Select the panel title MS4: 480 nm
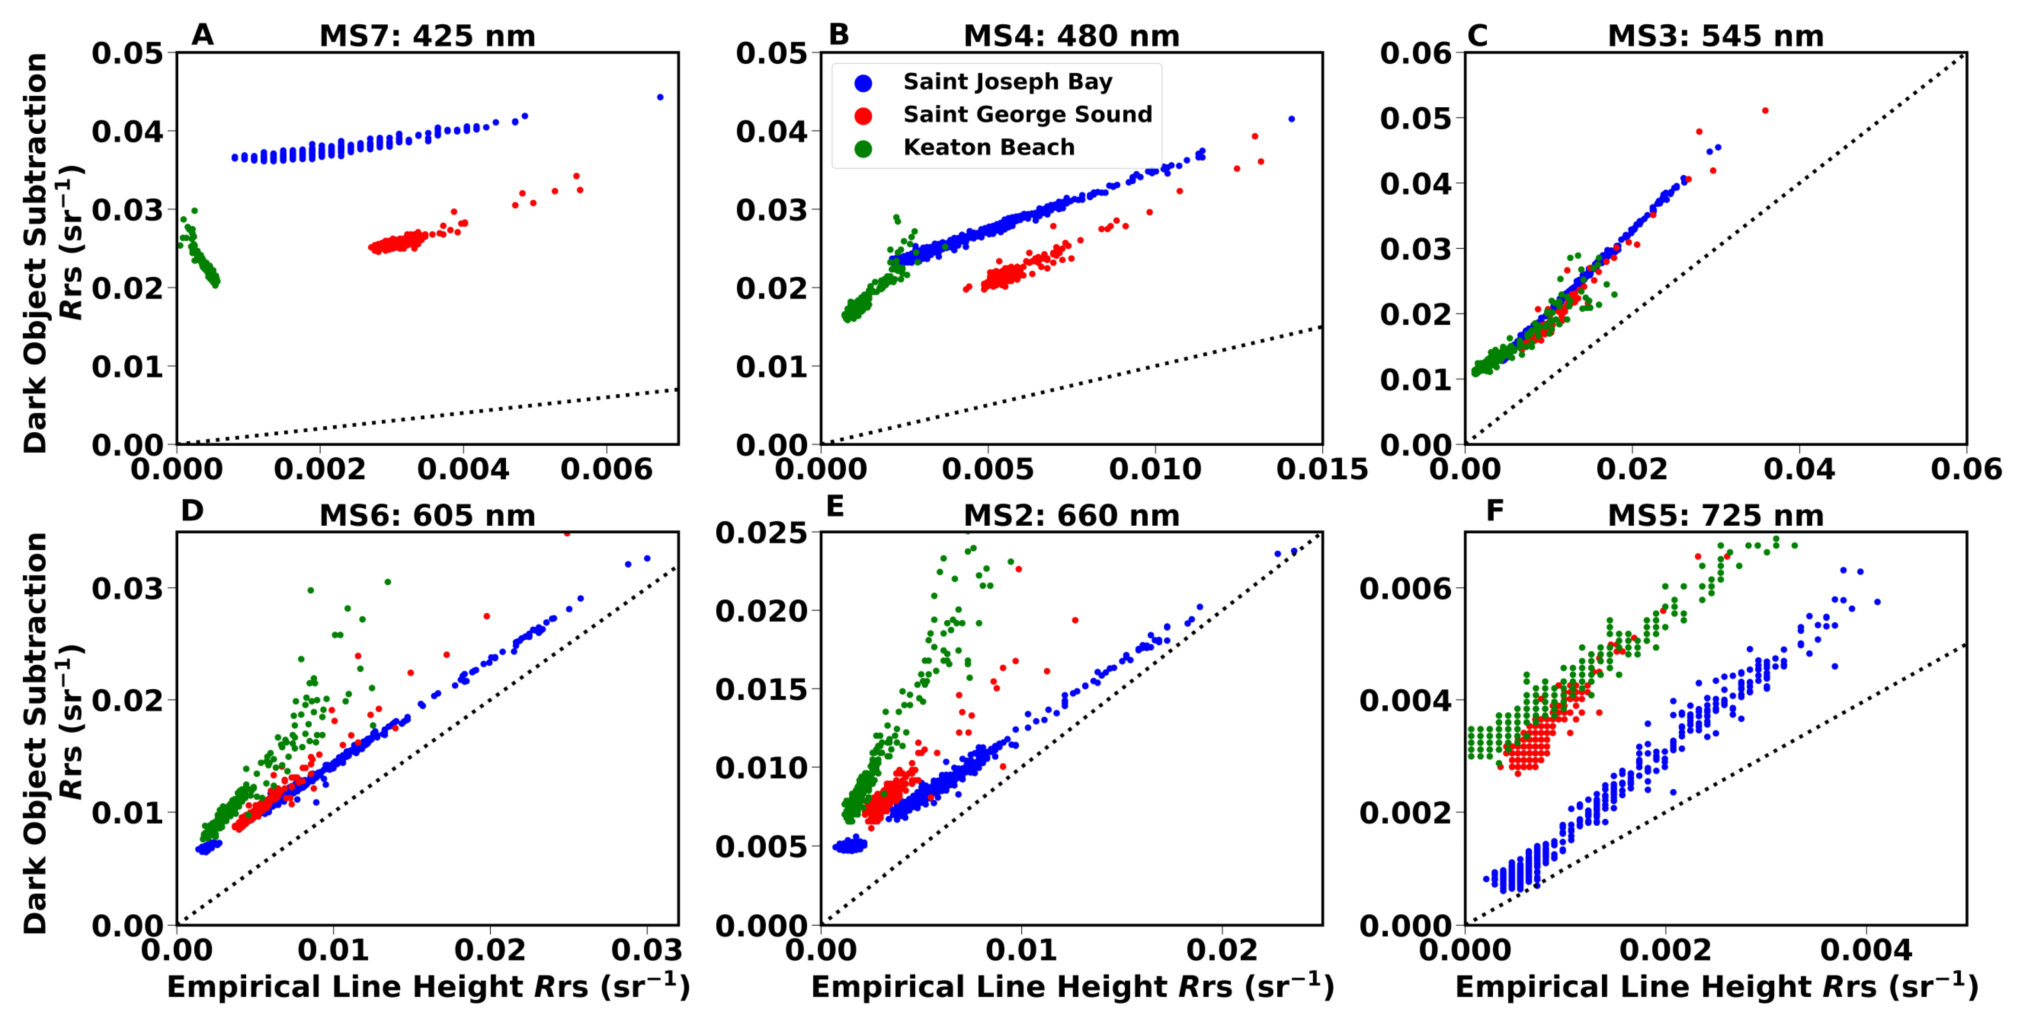[x=1072, y=36]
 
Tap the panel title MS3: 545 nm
[x=1716, y=36]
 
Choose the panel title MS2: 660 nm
[x=1072, y=516]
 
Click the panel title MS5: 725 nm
[x=1716, y=516]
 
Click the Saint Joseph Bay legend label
[x=1007, y=82]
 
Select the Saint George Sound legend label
[x=1028, y=115]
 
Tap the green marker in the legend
[x=863, y=148]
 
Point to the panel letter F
[x=1495, y=511]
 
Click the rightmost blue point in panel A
[x=660, y=97]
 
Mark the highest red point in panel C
[x=1765, y=110]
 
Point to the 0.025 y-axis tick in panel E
[x=761, y=533]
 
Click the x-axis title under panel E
[x=1072, y=987]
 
